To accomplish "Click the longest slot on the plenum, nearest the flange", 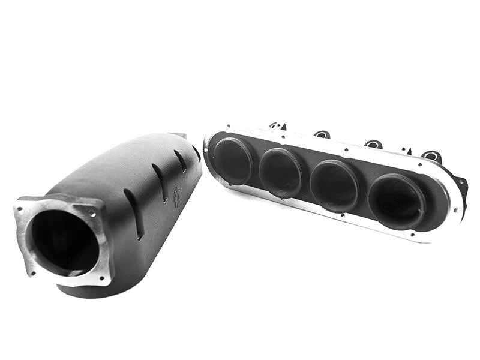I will coord(133,214).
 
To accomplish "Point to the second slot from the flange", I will coord(160,183).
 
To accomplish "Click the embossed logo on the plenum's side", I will coord(176,197).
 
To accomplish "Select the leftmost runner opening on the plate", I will coord(233,160).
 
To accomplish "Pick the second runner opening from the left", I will coord(280,172).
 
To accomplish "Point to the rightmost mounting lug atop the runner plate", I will coord(431,157).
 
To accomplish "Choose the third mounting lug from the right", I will coord(322,134).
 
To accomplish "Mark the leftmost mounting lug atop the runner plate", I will coord(277,125).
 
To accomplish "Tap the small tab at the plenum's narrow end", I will coord(178,136).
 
